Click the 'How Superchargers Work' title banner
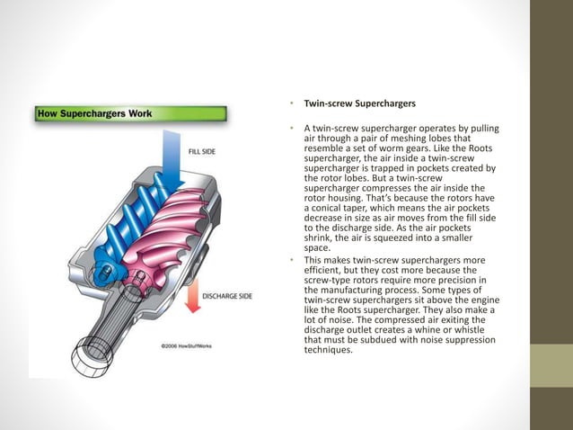tap(94, 114)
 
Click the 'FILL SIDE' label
tap(201, 151)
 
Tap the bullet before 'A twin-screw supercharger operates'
tap(292, 130)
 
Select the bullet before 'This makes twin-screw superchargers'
tap(292, 259)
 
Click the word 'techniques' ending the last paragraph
tap(330, 350)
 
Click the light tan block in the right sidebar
tap(551, 366)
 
